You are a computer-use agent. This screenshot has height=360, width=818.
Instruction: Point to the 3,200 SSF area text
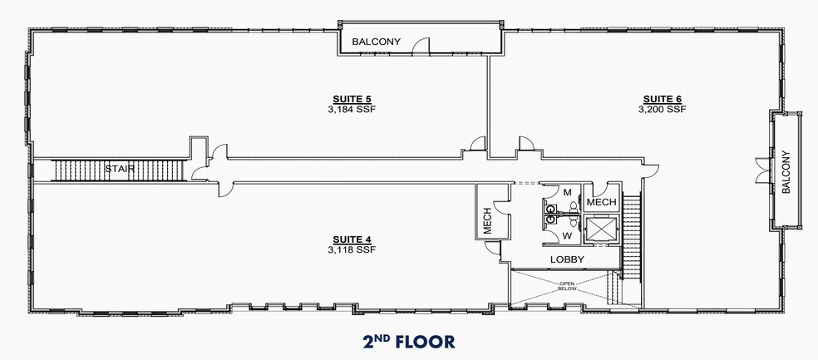(662, 108)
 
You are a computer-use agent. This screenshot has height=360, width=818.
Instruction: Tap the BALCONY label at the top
(377, 41)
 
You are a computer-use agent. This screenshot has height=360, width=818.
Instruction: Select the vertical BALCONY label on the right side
(786, 171)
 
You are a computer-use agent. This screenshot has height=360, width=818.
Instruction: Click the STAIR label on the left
(120, 170)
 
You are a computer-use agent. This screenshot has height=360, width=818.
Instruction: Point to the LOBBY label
(568, 260)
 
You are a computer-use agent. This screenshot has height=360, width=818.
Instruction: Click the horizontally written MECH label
(601, 202)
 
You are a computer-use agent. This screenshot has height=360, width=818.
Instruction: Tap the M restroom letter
(567, 193)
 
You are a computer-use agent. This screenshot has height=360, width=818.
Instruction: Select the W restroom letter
(567, 236)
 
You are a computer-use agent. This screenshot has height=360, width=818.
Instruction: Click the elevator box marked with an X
(600, 229)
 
